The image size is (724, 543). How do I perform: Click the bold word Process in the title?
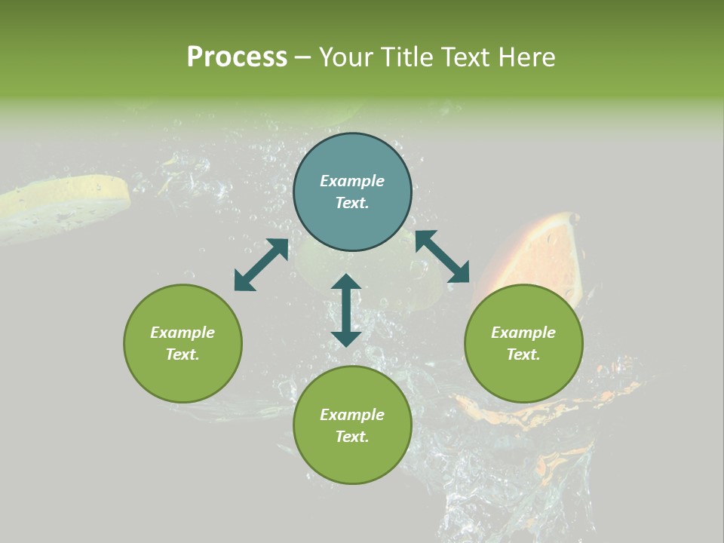(x=237, y=57)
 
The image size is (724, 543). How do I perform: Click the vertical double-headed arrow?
(x=346, y=310)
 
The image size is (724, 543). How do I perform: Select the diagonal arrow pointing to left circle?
(x=261, y=265)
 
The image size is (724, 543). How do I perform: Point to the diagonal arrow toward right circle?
(x=442, y=256)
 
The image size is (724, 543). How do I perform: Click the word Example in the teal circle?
(x=352, y=181)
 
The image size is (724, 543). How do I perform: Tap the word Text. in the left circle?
(x=183, y=354)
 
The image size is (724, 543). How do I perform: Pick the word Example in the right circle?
(x=523, y=333)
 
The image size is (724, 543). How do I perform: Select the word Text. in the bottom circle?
(x=352, y=437)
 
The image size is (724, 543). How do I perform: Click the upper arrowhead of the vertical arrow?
(x=346, y=282)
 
